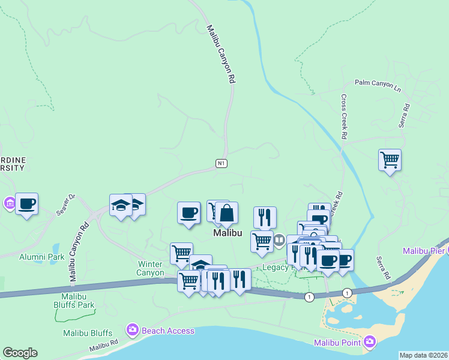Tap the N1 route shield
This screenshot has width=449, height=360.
pos(221,163)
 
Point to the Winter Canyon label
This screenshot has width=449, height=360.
pos(151,268)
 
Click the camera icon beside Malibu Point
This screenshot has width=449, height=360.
pos(370,341)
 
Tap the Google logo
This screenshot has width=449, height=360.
pos(20,353)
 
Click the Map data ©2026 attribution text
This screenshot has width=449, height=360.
pos(423,355)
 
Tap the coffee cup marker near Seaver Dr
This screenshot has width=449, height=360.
pos(26,203)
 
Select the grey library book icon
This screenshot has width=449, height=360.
pos(279,241)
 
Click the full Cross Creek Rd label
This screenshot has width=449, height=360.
pos(344,117)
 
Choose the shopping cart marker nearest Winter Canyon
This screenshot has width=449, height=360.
pos(181,253)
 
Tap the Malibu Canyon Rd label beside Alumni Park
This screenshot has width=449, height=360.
pos(78,252)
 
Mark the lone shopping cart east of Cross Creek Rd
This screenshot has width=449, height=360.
pos(390,160)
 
